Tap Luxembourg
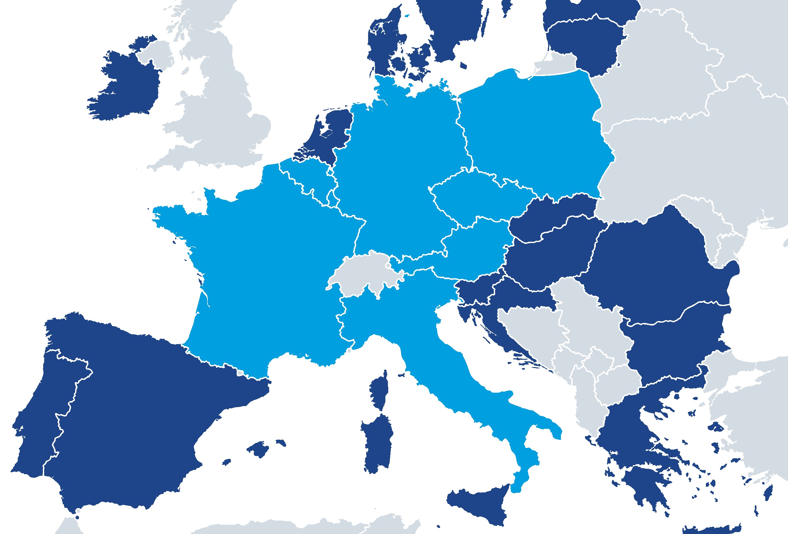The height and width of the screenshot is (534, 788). [332, 198]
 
